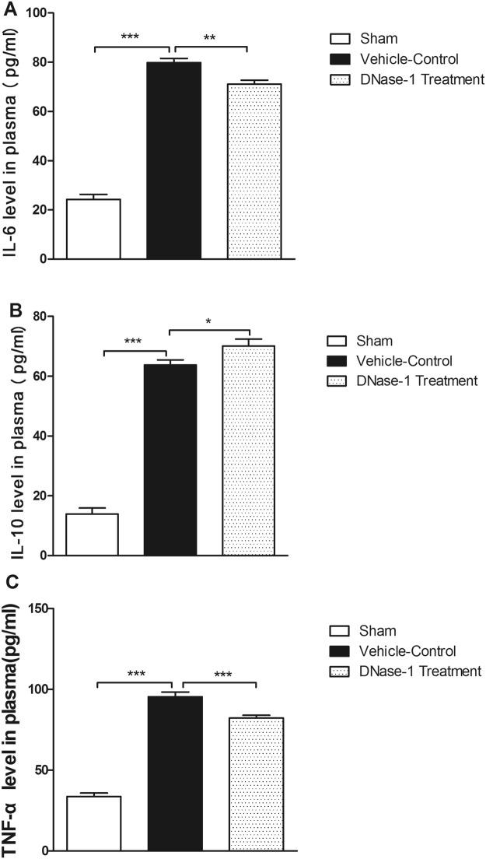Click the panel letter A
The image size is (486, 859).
click(x=9, y=10)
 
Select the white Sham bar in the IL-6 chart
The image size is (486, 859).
click(x=93, y=229)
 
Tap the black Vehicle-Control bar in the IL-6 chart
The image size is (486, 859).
click(x=174, y=160)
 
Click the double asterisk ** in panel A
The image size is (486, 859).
click(x=210, y=37)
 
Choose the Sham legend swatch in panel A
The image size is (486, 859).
click(x=341, y=38)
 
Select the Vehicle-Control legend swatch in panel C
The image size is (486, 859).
click(x=341, y=651)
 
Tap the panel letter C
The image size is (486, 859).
click(x=9, y=581)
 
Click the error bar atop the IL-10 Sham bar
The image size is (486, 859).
click(x=92, y=510)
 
